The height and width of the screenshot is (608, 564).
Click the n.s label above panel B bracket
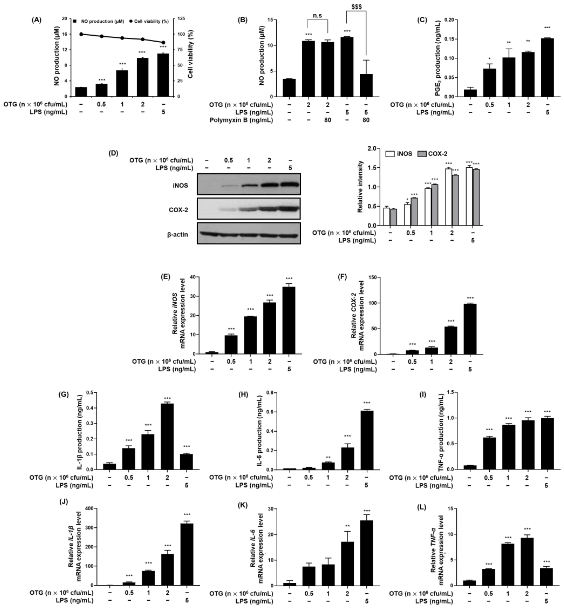(x=317, y=16)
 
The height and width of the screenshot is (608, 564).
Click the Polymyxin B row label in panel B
(x=241, y=120)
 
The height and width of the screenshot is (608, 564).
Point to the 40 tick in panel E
(x=192, y=277)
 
